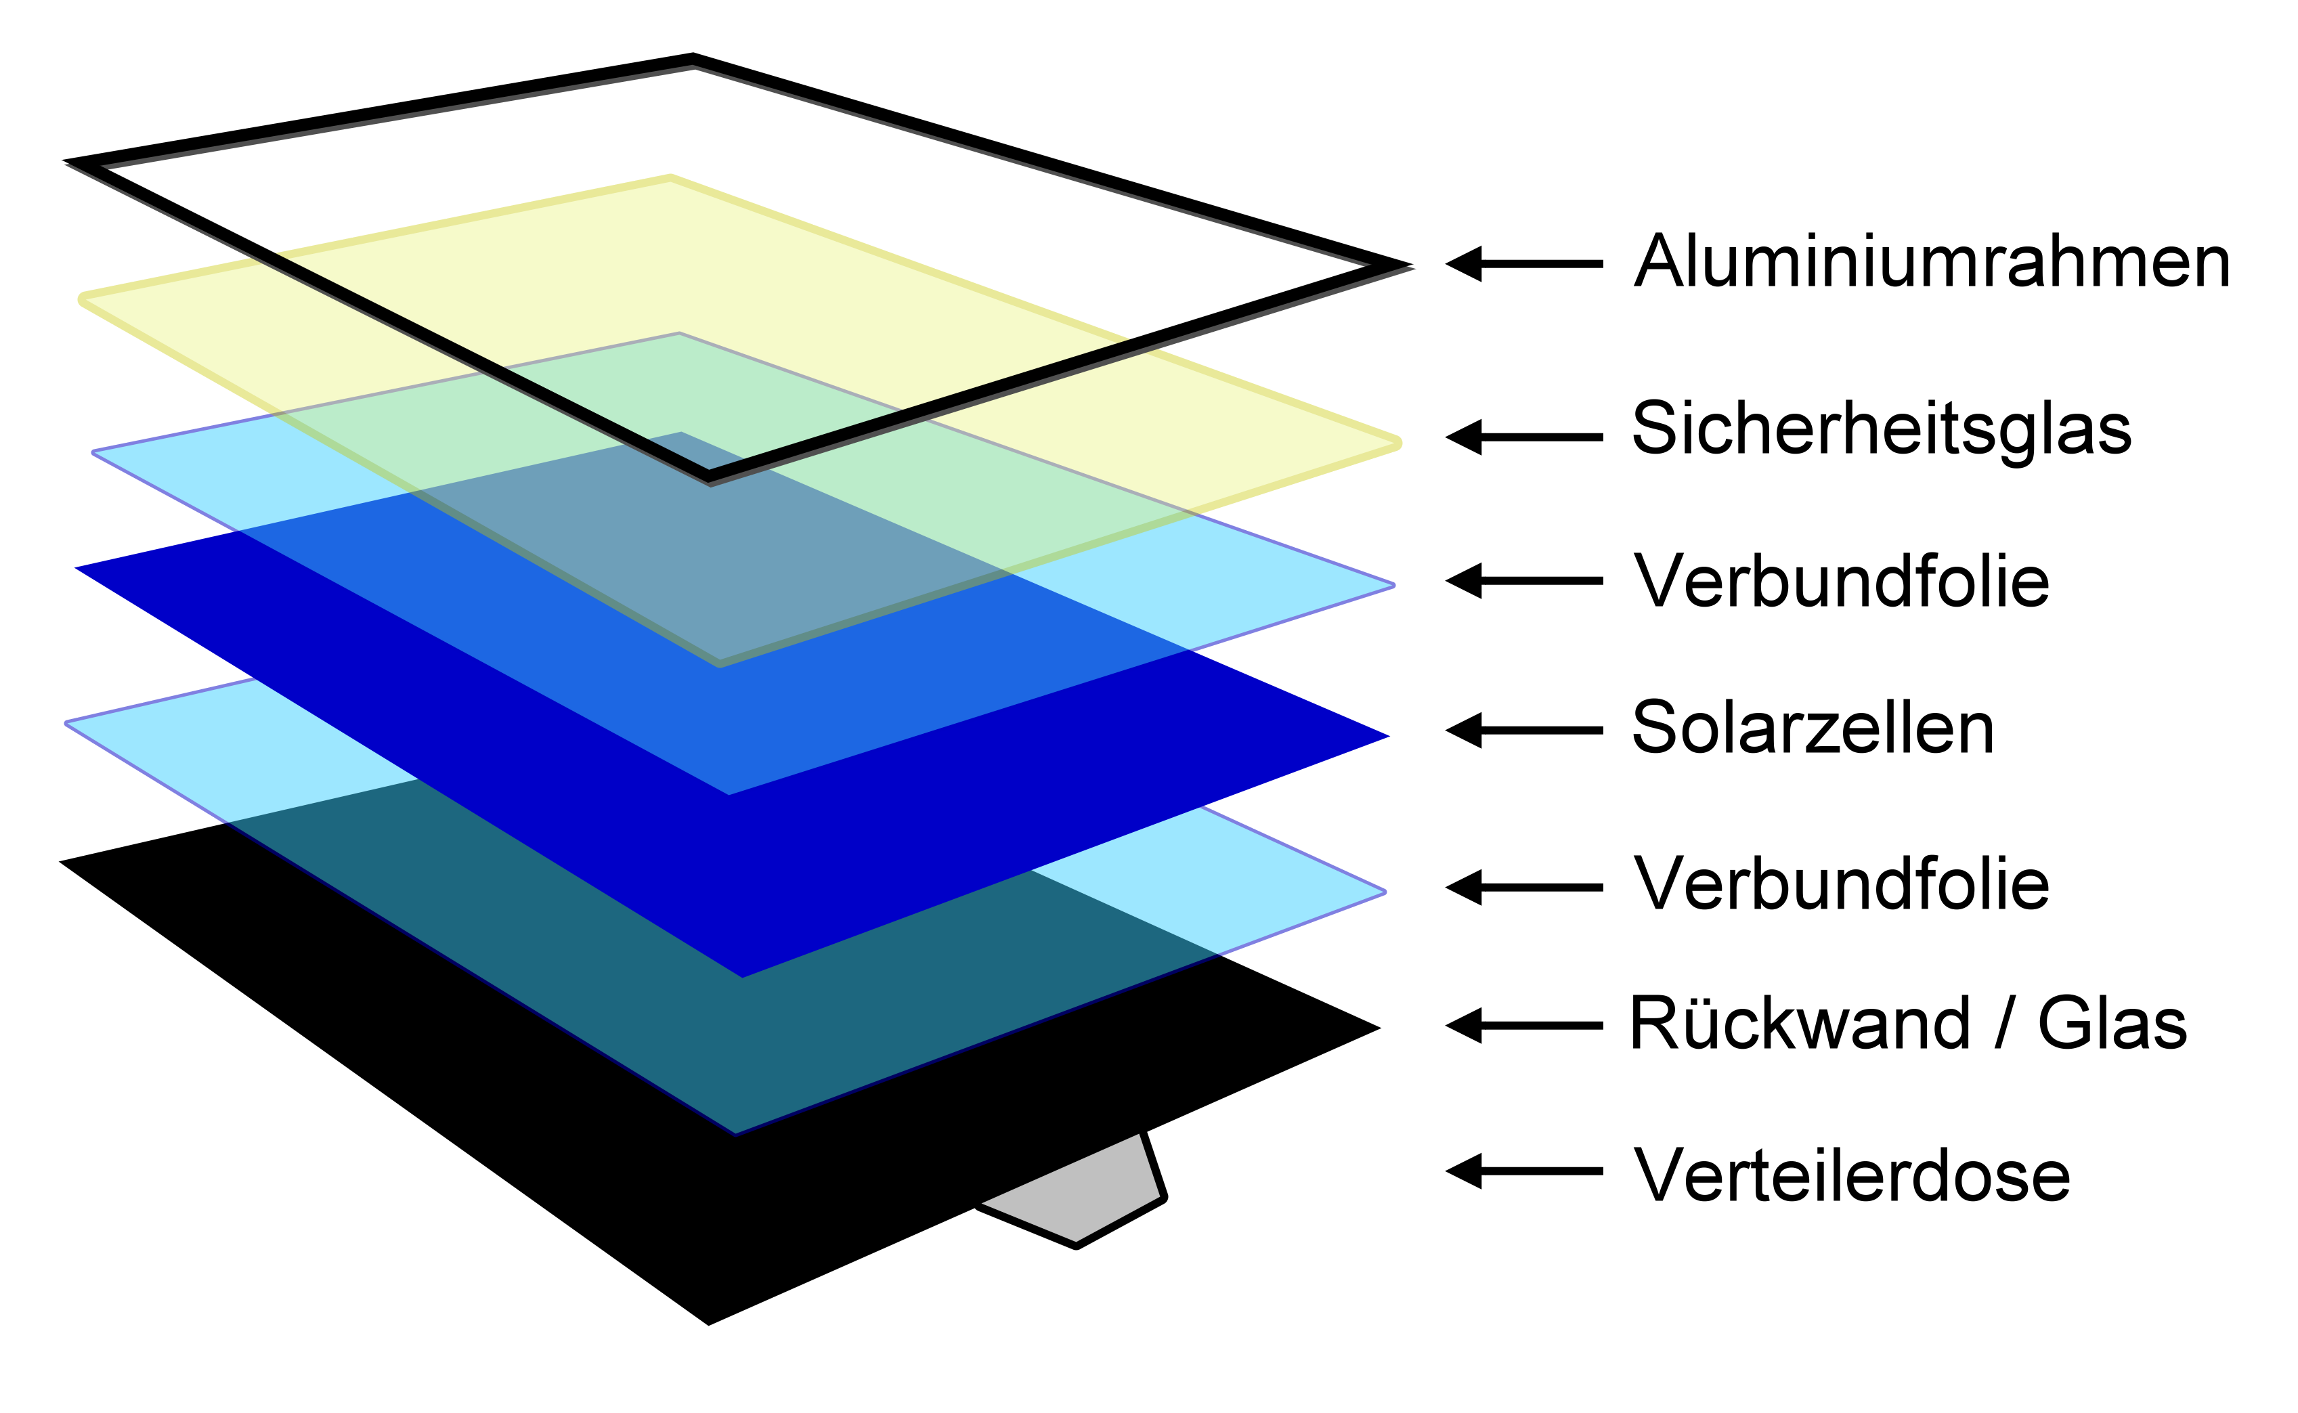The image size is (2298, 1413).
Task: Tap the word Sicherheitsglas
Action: tap(1881, 429)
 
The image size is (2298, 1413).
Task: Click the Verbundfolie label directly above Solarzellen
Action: tap(1841, 582)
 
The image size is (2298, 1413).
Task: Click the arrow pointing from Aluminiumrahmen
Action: tap(1523, 265)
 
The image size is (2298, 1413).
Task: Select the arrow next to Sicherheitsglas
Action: tap(1523, 437)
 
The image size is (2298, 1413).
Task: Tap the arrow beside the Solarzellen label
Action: tap(1523, 730)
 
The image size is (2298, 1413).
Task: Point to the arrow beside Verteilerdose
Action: tap(1523, 1171)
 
